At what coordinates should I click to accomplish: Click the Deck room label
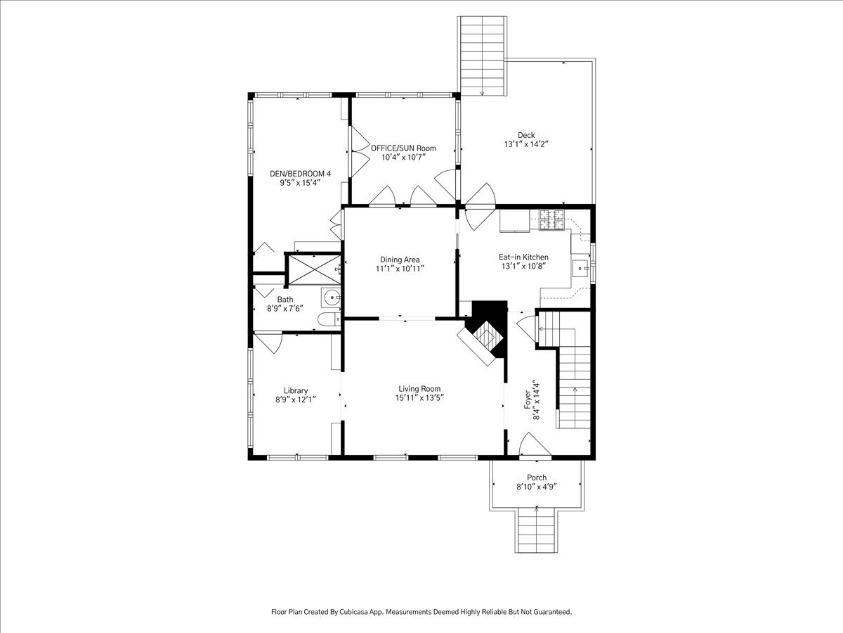[x=526, y=135]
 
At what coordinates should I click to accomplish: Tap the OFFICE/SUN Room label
[x=403, y=148]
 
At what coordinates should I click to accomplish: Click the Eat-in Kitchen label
[x=523, y=257]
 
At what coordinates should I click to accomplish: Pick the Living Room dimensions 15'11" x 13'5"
[x=419, y=397]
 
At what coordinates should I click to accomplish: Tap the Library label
[x=296, y=391]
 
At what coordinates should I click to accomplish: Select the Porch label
[x=537, y=478]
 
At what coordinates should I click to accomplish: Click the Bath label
[x=285, y=299]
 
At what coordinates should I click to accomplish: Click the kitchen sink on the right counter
[x=580, y=267]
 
